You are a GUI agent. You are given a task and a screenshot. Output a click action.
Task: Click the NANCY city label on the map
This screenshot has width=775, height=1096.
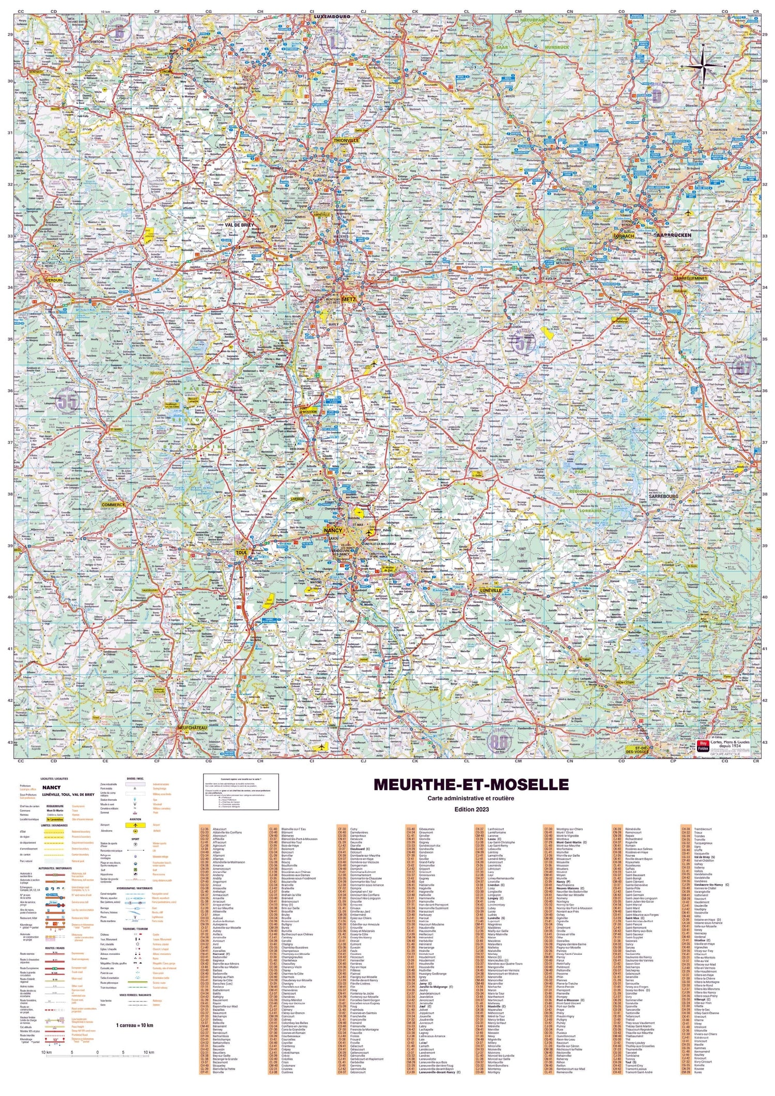point(333,530)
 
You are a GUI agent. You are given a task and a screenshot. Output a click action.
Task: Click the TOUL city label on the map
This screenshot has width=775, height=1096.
point(241,553)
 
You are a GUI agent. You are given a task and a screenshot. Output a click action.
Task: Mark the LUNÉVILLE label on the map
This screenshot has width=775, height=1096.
point(490,590)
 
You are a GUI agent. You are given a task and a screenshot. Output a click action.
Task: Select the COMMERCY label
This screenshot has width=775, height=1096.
point(113,505)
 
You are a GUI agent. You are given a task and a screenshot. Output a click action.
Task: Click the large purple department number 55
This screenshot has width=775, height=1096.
point(67,401)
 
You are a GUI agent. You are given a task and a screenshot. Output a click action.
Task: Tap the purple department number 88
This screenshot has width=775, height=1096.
point(499,741)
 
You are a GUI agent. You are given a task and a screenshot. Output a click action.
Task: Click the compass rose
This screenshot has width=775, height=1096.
point(702,66)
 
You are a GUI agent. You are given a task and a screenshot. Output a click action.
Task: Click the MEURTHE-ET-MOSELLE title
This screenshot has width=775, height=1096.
point(471,785)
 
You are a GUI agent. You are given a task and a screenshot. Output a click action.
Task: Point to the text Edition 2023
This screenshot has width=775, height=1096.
point(471,809)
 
